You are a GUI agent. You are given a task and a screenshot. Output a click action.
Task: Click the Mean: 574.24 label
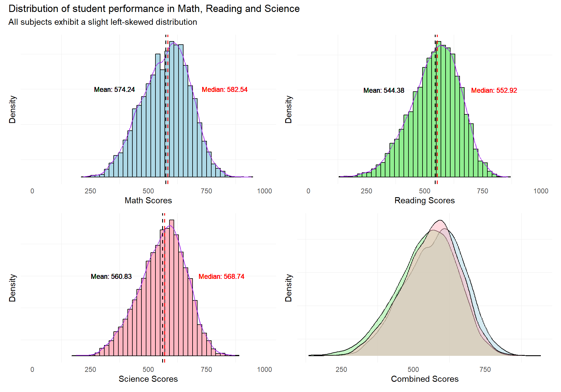pos(114,90)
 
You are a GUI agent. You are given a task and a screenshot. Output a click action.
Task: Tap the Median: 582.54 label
pos(224,90)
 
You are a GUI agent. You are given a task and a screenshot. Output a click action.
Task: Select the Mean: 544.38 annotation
pos(384,90)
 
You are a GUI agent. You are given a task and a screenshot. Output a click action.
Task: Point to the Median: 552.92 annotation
pos(494,90)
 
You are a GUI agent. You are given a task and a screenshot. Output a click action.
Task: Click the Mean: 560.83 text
pos(111,276)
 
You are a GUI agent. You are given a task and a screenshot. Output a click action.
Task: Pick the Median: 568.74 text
pos(221,276)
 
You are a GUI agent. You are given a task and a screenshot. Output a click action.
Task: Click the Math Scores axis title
pos(148,200)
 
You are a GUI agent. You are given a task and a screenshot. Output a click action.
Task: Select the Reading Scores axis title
pos(424,200)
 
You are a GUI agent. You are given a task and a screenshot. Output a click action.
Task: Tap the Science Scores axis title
pos(148,379)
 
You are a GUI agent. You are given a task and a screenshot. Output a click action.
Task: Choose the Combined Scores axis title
pos(425,379)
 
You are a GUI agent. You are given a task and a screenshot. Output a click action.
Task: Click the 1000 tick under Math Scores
pos(264,191)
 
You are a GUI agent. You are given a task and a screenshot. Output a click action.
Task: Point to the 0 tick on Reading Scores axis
pos(308,191)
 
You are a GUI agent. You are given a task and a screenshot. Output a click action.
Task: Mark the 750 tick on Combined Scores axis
pos(485,370)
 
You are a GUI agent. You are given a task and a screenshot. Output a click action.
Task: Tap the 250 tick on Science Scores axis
pos(90,370)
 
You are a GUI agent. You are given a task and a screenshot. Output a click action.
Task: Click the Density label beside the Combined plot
pos(288,288)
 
